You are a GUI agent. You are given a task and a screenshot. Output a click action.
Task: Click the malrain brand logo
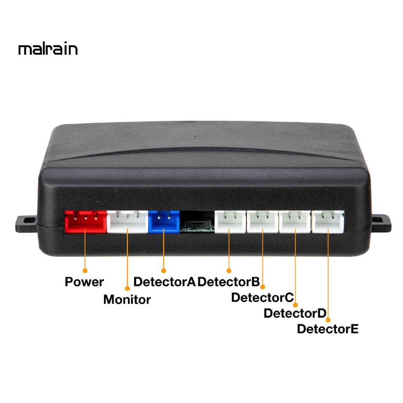[48, 49]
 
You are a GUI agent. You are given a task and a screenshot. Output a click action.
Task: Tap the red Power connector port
[86, 221]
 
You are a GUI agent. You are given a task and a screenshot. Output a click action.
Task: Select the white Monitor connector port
[128, 222]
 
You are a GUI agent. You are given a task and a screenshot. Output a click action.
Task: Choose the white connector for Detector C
[263, 222]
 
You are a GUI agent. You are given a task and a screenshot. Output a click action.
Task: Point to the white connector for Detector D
[295, 222]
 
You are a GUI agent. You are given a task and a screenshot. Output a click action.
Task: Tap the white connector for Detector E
[327, 222]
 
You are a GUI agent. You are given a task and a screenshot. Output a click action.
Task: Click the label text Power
[84, 282]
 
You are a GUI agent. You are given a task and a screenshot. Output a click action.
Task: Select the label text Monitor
[127, 299]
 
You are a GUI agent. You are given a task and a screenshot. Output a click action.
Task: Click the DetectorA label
[165, 282]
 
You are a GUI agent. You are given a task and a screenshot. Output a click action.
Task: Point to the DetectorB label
[228, 282]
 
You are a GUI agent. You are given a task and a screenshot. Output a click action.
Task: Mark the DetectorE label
[328, 329]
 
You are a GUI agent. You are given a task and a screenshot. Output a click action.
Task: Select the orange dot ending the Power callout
[84, 270]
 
